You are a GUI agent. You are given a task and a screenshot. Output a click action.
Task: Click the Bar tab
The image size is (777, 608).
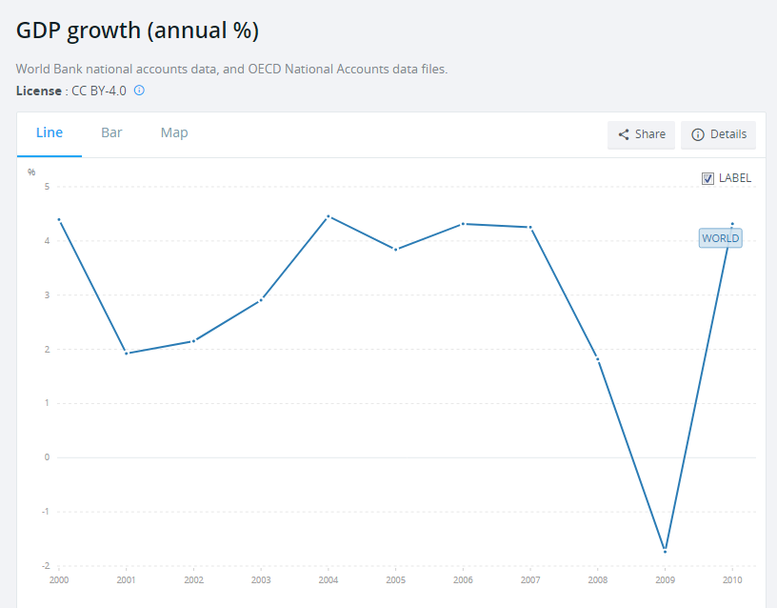click(111, 132)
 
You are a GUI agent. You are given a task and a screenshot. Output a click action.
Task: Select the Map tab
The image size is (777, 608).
click(174, 132)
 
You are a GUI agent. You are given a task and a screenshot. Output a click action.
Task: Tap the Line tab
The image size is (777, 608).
click(50, 132)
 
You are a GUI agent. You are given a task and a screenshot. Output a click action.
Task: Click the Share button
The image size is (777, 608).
click(641, 134)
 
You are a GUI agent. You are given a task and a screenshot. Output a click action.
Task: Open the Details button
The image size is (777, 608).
click(719, 134)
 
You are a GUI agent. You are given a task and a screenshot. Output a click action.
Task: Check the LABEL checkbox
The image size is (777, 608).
click(707, 178)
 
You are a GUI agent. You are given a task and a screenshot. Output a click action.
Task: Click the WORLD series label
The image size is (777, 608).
click(721, 238)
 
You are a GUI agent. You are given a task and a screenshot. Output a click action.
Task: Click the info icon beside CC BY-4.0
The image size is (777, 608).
click(139, 91)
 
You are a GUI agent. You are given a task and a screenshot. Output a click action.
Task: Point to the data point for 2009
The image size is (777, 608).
click(665, 552)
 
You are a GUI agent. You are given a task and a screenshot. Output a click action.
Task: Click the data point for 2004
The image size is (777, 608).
click(329, 216)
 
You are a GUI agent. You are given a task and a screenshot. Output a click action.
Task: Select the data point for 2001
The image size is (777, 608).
click(127, 354)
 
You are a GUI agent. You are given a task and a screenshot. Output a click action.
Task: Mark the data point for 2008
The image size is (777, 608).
click(598, 359)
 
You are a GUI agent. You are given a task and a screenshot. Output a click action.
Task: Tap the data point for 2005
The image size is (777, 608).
click(395, 250)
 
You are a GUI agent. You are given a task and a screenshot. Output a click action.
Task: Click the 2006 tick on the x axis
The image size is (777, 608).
click(463, 579)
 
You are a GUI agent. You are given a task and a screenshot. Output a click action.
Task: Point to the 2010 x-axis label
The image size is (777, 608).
click(732, 579)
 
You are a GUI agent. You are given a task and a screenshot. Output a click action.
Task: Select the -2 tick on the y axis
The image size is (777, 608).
click(46, 565)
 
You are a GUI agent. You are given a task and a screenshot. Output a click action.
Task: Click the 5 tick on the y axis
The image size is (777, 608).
click(47, 187)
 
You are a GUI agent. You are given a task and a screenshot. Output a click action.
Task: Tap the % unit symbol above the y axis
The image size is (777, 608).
click(31, 172)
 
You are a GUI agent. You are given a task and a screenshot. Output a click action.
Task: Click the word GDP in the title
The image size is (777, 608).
click(38, 30)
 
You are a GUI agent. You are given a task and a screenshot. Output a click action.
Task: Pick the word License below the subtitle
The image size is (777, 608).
click(39, 91)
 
